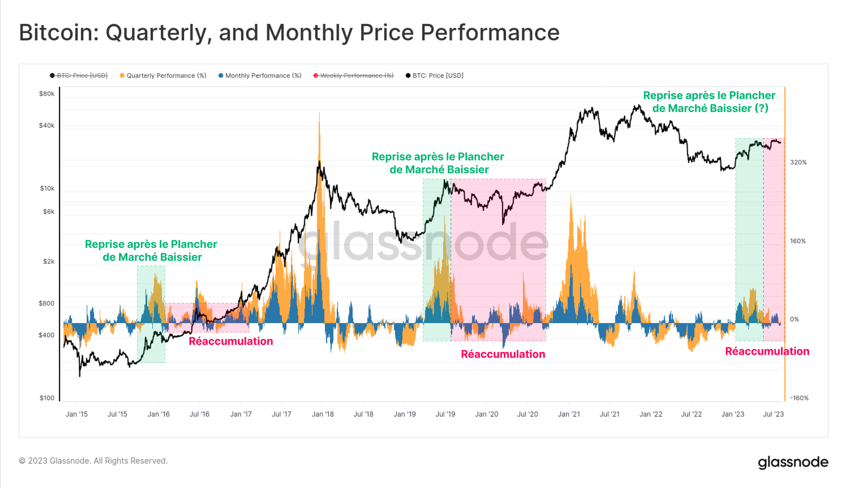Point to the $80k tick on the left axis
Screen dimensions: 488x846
point(47,94)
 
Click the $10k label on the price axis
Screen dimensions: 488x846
point(47,188)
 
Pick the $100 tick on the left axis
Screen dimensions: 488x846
point(47,398)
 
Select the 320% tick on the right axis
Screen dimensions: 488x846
point(798,162)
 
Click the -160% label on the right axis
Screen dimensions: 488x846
point(799,398)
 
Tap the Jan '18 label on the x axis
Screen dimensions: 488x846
point(322,414)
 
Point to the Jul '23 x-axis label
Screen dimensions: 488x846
point(773,414)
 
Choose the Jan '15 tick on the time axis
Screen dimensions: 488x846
point(77,414)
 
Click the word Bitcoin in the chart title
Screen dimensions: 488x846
point(58,33)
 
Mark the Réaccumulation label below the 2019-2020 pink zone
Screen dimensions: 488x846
point(503,354)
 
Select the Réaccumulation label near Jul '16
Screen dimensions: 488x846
point(231,341)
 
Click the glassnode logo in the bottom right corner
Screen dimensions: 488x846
point(793,462)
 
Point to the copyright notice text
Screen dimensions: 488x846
point(93,461)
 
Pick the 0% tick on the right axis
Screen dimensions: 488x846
point(794,319)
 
